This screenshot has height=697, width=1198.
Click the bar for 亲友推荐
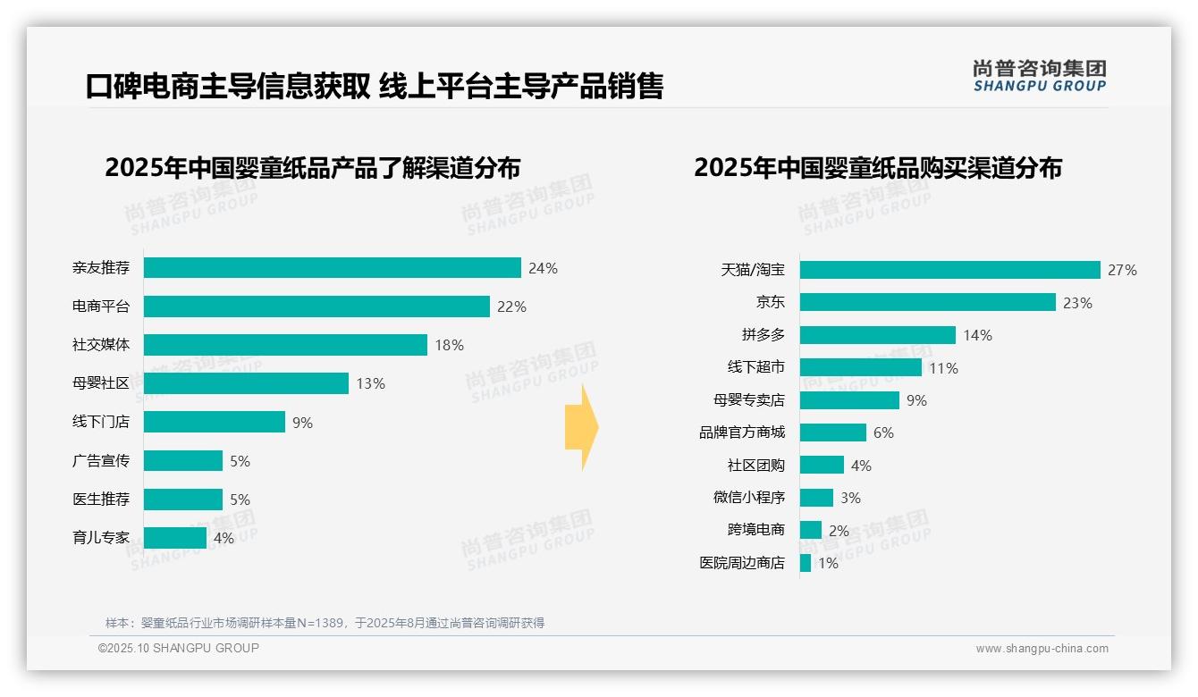point(332,268)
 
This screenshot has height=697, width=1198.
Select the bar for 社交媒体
point(285,345)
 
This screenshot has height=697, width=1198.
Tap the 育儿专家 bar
point(174,538)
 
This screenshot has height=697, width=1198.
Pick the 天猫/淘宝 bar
point(949,270)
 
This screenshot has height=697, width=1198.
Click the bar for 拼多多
point(877,335)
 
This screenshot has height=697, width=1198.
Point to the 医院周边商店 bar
point(806,563)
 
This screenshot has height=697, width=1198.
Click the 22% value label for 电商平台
point(511,307)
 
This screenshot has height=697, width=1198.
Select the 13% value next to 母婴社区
point(370,383)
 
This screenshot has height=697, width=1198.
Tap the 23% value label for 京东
point(1077,303)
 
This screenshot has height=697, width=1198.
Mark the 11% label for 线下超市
point(943,368)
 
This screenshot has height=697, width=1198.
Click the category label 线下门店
point(101,422)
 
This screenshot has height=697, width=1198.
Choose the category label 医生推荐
point(101,499)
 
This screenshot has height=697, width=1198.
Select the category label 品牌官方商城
point(741,432)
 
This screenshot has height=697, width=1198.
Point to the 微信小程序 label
point(748,498)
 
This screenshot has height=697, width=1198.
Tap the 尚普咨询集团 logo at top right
point(1039,76)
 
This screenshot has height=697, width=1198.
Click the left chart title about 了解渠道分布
point(312,168)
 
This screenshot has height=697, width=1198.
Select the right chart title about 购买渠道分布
point(877,168)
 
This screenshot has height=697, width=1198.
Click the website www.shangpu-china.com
point(1042,649)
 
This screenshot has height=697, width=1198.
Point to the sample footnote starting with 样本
point(325,623)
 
